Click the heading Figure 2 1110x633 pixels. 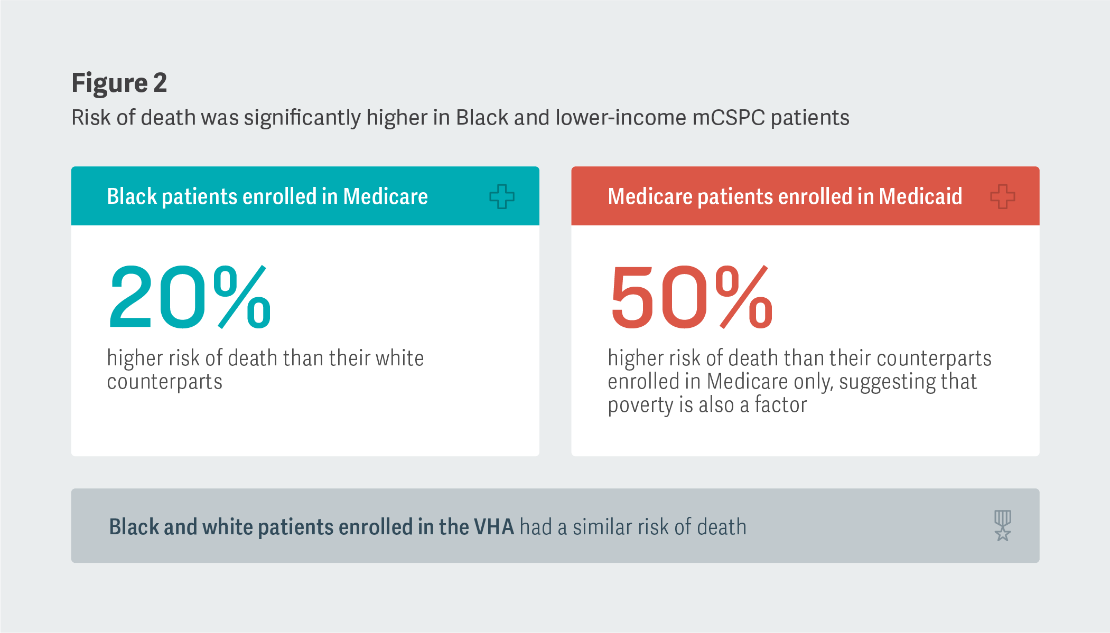[119, 83]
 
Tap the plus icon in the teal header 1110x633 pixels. [501, 196]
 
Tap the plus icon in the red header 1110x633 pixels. [1002, 196]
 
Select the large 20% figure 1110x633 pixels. [190, 297]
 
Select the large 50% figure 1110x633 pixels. [691, 297]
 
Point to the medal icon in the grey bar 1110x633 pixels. [1002, 525]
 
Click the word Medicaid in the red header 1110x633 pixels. [920, 196]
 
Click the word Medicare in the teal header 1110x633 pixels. [385, 196]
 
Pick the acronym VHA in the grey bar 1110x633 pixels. [493, 527]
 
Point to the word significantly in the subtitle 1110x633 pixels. [302, 118]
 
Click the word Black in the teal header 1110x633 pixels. [132, 196]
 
